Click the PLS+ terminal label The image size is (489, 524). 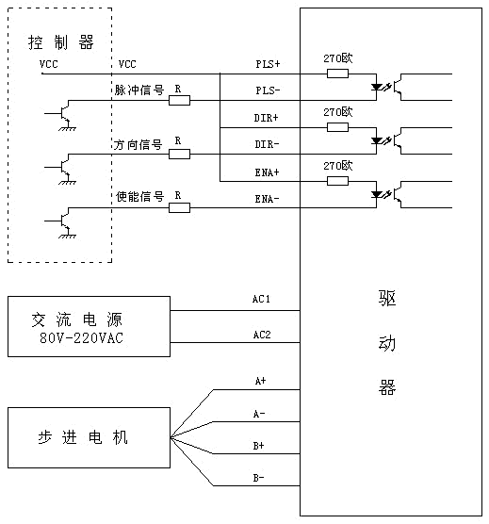268,64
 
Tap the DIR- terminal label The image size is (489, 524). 267,144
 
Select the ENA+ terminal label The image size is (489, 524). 267,172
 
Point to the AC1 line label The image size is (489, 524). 261,299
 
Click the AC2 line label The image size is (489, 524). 262,335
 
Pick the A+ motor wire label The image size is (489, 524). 260,381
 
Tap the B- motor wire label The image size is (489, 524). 258,478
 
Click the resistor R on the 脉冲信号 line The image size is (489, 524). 179,100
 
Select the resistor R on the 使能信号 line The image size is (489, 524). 179,208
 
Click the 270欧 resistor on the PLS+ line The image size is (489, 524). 337,74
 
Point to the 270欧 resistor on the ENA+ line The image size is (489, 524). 337,181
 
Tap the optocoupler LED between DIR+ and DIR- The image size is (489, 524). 377,140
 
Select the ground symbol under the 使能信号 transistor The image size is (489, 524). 68,235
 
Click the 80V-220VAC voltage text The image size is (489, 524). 81,337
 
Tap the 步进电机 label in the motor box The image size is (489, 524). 83,437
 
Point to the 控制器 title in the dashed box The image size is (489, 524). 60,42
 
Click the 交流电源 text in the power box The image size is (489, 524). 77,319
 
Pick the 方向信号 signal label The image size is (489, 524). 138,145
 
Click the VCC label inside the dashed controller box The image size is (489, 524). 48,64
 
